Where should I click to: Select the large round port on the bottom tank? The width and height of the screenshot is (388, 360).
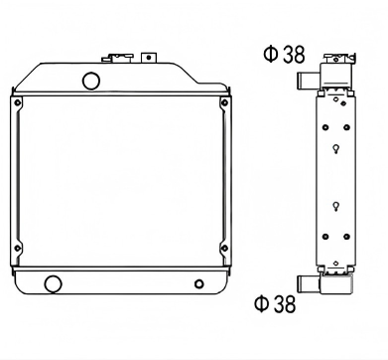(x=53, y=284)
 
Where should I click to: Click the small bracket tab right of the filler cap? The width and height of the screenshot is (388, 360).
(x=150, y=56)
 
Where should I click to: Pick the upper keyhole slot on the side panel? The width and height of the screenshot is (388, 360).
(x=338, y=150)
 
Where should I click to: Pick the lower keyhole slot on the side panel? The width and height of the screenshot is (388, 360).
(x=338, y=206)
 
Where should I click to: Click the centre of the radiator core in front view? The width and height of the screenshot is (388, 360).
(x=120, y=180)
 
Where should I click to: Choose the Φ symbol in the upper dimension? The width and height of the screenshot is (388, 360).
(x=269, y=56)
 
